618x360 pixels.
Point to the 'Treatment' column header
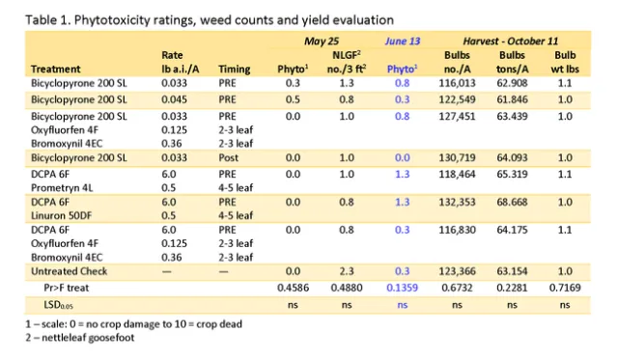click(55, 69)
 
